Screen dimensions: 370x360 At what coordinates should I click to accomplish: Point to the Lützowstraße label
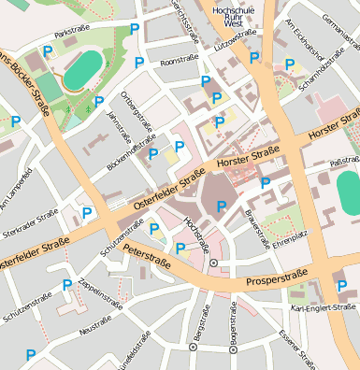[x=235, y=38]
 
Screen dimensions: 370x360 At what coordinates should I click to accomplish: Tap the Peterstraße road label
[x=147, y=256]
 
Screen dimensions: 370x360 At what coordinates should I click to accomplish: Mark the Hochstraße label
[x=196, y=235]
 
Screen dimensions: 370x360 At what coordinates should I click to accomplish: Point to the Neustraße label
[x=95, y=330]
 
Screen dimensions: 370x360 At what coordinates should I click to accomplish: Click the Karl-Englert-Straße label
[x=324, y=307]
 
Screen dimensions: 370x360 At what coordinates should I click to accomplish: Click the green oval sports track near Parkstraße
[x=84, y=70]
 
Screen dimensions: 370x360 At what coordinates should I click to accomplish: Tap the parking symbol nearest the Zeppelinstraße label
[x=67, y=285]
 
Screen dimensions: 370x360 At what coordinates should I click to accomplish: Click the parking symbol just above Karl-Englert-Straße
[x=340, y=286]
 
